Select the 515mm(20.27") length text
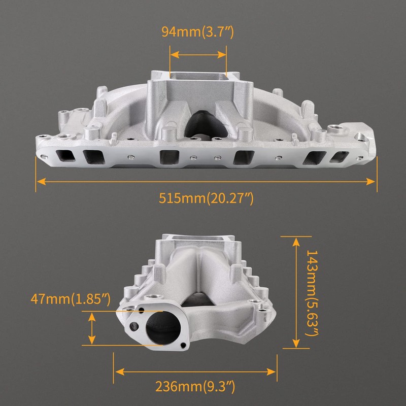point(206,197)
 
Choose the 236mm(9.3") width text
point(195,387)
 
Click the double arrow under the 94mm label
point(198,53)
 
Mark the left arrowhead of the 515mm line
point(40,180)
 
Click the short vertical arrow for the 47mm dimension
point(91,328)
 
